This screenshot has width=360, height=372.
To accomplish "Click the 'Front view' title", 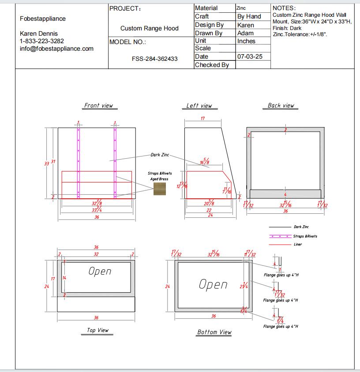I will click(x=98, y=105).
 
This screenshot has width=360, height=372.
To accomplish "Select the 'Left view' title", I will click(x=199, y=106).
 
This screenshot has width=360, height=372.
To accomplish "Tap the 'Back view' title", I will click(x=281, y=105).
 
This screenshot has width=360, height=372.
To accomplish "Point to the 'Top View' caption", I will click(x=97, y=330).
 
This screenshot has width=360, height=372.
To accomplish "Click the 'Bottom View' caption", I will click(x=214, y=332).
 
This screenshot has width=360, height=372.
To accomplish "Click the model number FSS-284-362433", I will click(x=154, y=59).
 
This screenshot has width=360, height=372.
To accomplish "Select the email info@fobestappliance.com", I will click(x=56, y=48).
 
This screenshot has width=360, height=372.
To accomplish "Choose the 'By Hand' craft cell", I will click(x=249, y=16).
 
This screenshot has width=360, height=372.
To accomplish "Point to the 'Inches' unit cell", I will click(x=246, y=41).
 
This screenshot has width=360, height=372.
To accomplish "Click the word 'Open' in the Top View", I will click(x=100, y=271).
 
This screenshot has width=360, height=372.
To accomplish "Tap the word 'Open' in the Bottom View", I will click(x=213, y=285).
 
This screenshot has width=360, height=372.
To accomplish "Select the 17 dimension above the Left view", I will click(x=202, y=119).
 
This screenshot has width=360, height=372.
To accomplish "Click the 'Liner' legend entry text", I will click(x=298, y=244).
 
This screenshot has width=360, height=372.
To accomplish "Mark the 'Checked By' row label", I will click(x=212, y=65).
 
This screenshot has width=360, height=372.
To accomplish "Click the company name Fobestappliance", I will click(x=43, y=19).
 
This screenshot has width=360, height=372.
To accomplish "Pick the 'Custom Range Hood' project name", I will click(x=150, y=28).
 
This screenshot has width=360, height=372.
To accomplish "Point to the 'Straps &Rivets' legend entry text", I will click(x=305, y=236).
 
